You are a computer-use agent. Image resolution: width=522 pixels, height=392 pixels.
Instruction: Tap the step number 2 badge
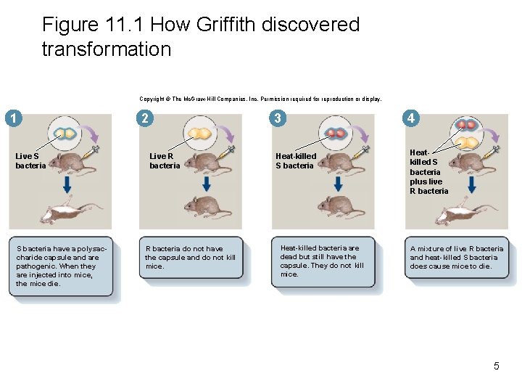click(x=145, y=118)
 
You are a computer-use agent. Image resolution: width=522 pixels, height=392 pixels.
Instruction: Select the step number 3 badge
click(x=276, y=118)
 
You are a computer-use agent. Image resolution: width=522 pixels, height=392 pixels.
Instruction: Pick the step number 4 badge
click(x=411, y=118)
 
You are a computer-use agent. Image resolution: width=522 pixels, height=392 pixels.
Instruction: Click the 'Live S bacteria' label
click(x=30, y=160)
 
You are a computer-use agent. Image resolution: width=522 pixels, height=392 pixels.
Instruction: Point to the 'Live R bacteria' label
click(x=165, y=160)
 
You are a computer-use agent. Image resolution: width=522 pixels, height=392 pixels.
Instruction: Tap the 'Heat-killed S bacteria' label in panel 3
click(x=296, y=160)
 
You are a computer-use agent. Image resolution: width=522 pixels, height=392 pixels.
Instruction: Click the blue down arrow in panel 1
click(x=67, y=185)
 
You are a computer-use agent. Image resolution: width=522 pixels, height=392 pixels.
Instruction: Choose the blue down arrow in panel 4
click(x=471, y=185)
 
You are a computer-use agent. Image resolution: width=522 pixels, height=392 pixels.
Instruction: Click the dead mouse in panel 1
click(x=68, y=212)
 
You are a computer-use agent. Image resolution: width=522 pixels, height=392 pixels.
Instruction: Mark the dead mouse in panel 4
click(x=467, y=213)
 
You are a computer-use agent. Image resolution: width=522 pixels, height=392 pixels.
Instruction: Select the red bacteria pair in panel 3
click(x=336, y=134)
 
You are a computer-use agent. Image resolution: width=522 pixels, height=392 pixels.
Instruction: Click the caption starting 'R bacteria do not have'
click(x=190, y=257)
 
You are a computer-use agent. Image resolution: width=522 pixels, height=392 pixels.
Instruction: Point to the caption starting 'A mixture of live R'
click(x=456, y=257)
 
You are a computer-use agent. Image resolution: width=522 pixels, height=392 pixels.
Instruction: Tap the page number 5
click(x=496, y=366)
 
